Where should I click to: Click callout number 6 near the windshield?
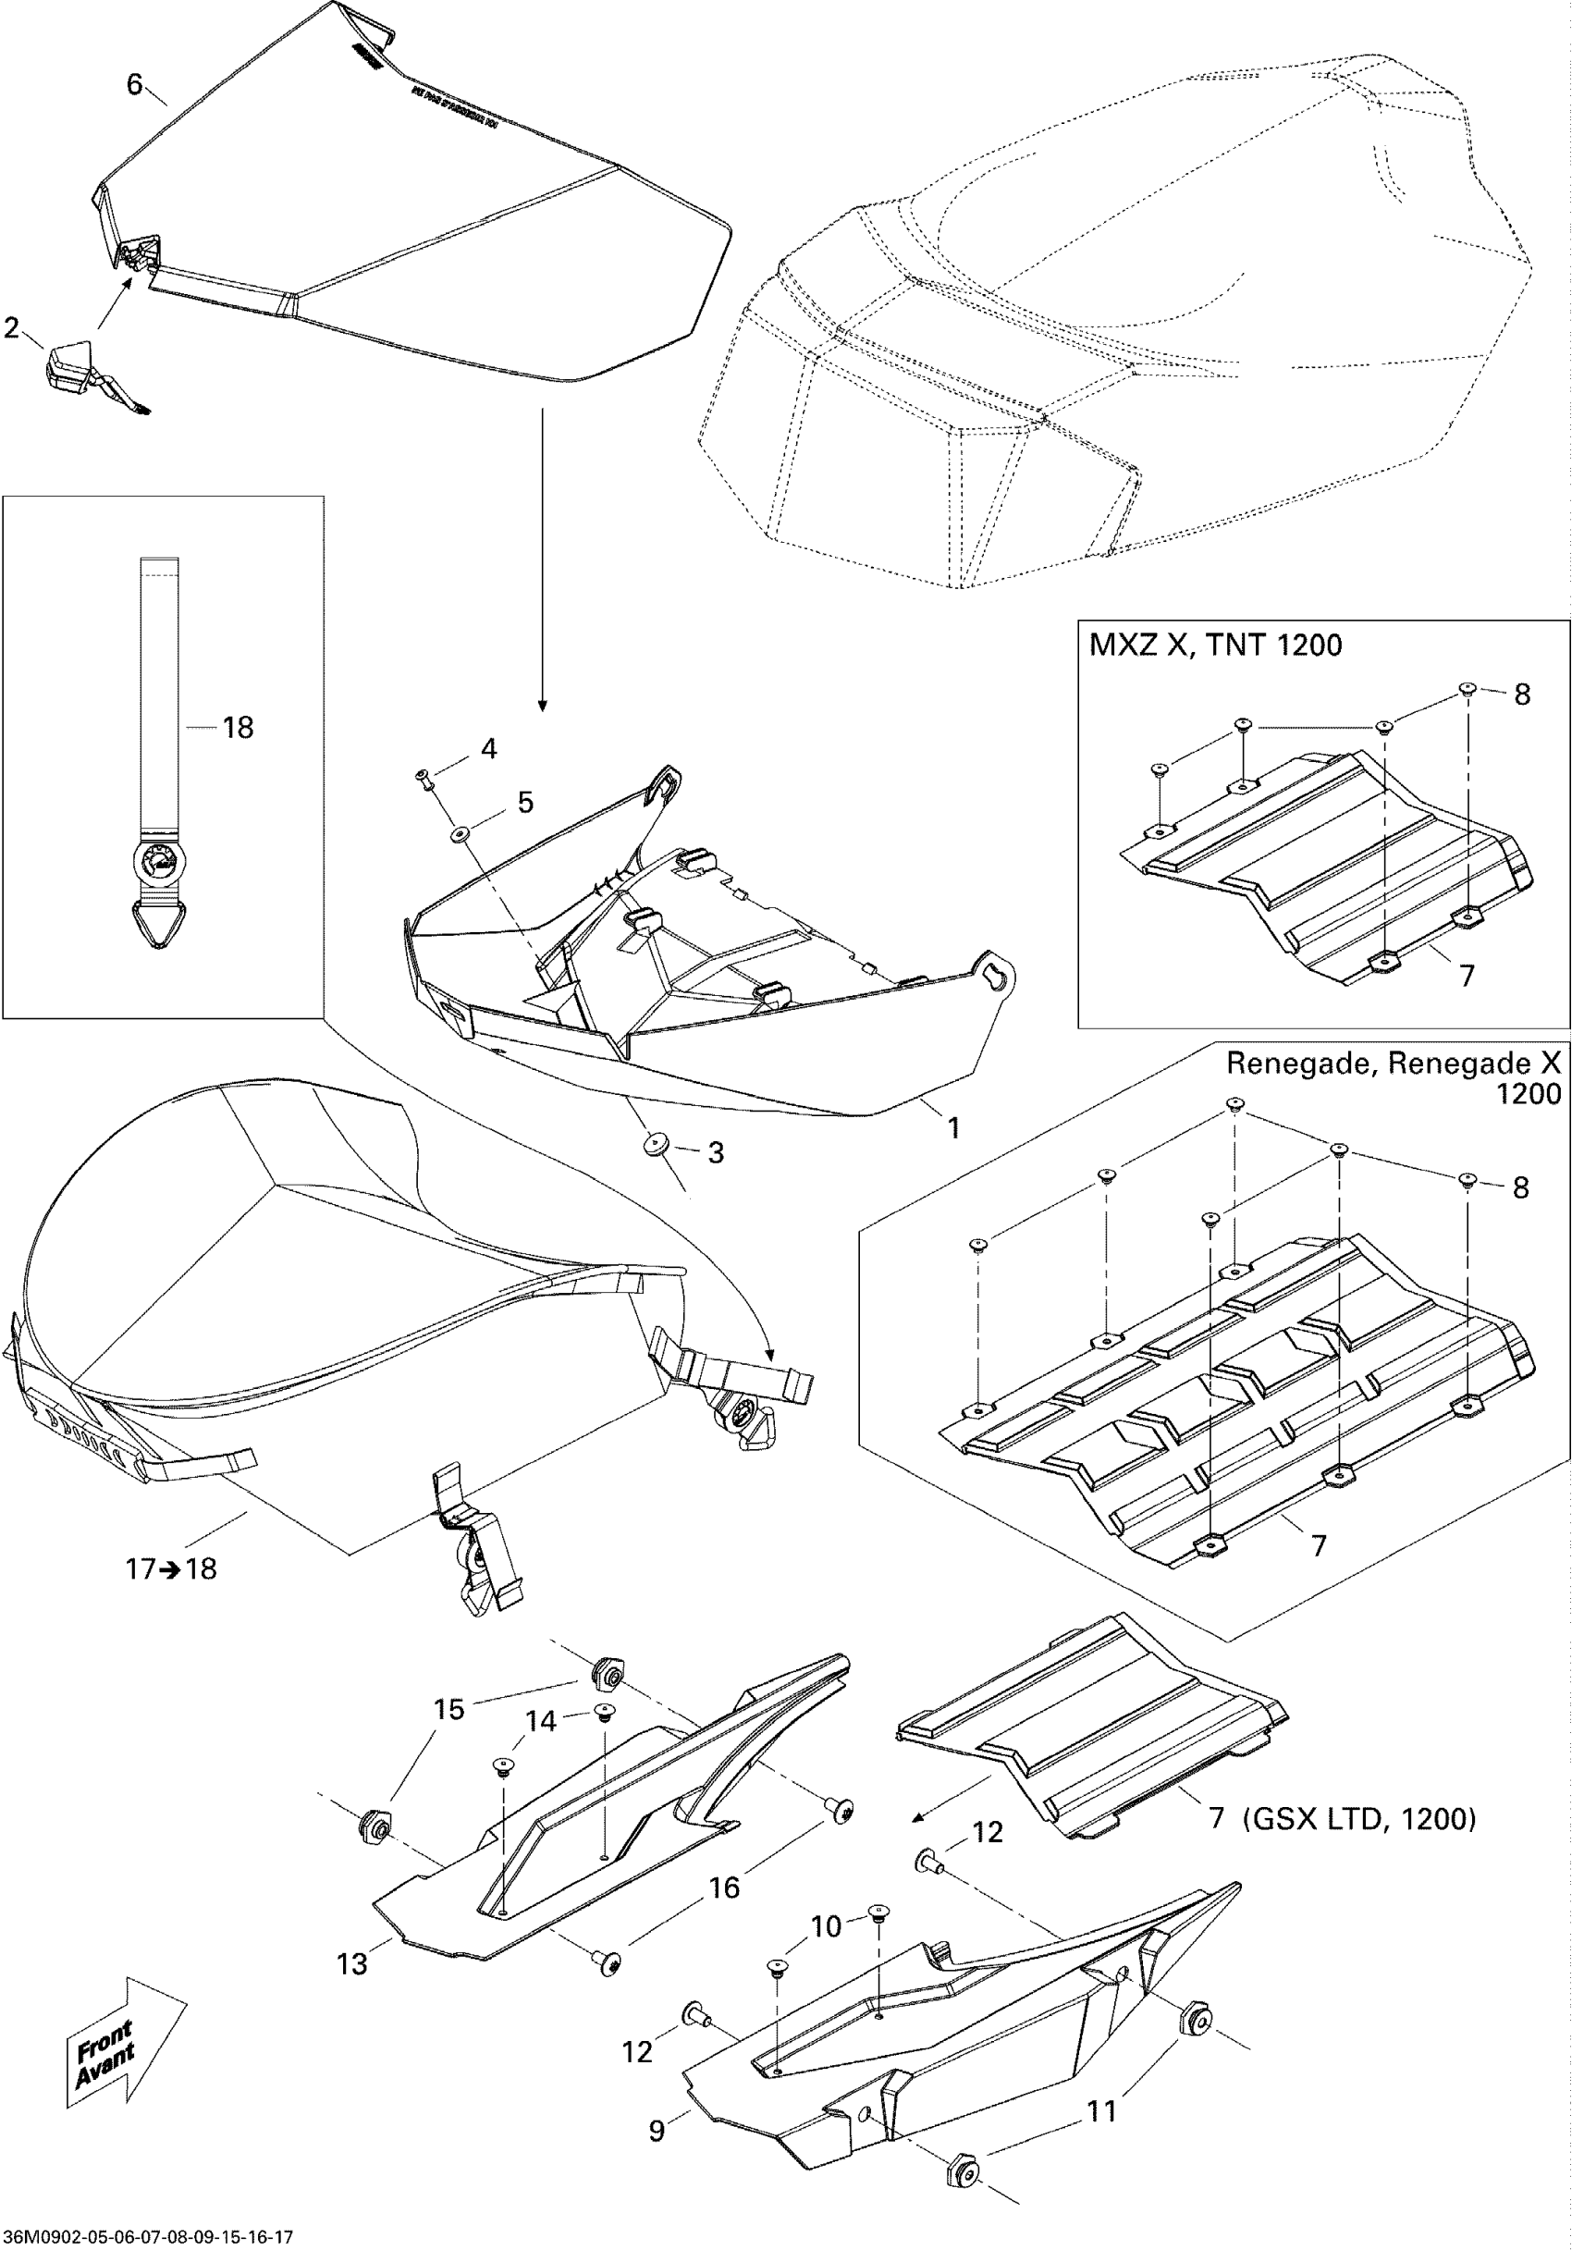135,84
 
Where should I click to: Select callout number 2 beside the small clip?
12,327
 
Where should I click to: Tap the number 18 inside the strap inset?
237,727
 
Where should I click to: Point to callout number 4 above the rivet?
488,749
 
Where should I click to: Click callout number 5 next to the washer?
525,803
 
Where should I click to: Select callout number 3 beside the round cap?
716,1152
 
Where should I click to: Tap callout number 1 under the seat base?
952,1128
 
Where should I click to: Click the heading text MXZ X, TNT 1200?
1215,645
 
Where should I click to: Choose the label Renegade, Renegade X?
1393,1064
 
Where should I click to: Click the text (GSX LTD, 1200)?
1359,1819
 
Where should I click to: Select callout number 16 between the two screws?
724,1887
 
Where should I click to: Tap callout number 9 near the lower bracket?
657,2131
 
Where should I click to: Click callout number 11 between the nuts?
1102,2111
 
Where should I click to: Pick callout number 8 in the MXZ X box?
1521,694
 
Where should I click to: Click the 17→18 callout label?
170,1569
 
